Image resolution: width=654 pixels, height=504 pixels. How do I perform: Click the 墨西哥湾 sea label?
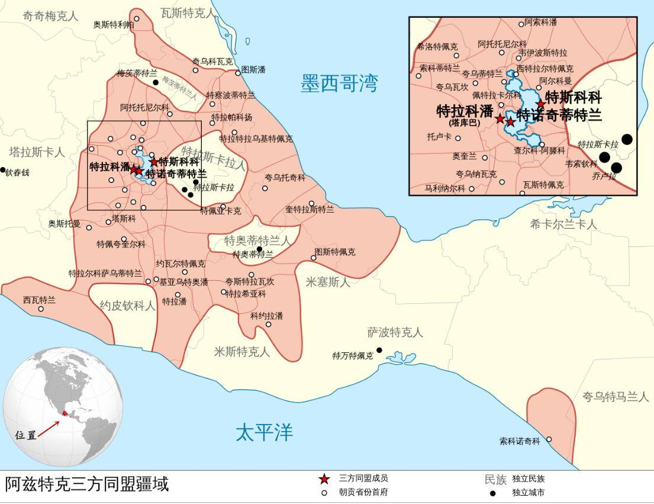tap(339, 84)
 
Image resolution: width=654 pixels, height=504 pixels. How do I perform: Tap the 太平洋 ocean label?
tap(264, 433)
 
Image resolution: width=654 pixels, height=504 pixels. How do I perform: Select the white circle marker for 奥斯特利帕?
tap(137, 19)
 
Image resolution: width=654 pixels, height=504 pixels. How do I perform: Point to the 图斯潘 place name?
tap(253, 70)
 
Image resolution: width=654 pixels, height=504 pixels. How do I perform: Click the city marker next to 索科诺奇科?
tap(549, 439)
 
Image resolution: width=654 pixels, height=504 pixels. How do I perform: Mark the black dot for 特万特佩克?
tap(379, 350)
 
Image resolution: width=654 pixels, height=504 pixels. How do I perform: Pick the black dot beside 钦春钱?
tap(2, 170)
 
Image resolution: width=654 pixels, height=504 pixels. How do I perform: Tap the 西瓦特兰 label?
tap(39, 300)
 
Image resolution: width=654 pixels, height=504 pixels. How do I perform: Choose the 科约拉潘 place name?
tap(266, 316)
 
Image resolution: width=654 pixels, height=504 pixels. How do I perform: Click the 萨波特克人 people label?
tap(395, 332)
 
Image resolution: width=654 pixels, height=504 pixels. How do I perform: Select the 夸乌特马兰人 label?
tap(616, 397)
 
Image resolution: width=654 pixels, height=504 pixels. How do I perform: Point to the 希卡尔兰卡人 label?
tap(563, 224)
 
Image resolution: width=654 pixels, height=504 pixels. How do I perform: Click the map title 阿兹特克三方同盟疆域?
tap(87, 484)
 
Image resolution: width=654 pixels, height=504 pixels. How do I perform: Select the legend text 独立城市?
tap(528, 492)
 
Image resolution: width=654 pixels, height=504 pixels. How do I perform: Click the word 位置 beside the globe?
tap(26, 435)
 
